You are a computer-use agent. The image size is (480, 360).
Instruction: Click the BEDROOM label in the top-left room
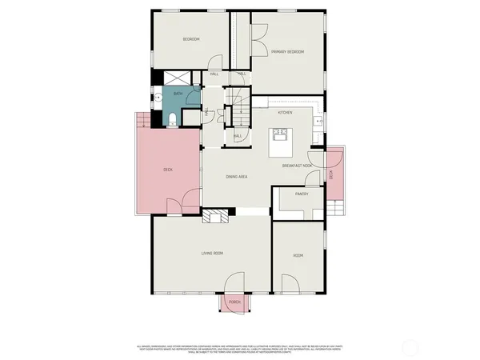pyautogui.click(x=190, y=39)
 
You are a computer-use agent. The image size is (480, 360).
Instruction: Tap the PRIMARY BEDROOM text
pyautogui.click(x=288, y=51)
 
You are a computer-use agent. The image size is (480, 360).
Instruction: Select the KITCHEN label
pyautogui.click(x=285, y=113)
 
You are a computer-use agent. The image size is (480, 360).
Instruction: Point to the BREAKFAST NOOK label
pyautogui.click(x=297, y=166)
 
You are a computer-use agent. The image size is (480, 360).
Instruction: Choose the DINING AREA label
pyautogui.click(x=235, y=176)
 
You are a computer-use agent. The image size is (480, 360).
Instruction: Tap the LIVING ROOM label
pyautogui.click(x=212, y=254)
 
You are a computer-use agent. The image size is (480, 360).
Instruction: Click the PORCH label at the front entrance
pyautogui.click(x=234, y=302)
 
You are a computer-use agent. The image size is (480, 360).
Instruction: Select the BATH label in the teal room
pyautogui.click(x=178, y=94)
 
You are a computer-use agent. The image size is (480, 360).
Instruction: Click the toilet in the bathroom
pyautogui.click(x=173, y=120)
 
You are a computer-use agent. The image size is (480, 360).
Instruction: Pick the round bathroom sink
pyautogui.click(x=158, y=98)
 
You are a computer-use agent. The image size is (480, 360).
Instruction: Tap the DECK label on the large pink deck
pyautogui.click(x=167, y=170)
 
